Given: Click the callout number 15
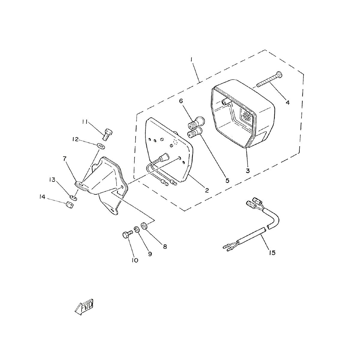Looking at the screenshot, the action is coord(272,253).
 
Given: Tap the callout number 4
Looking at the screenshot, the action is coord(287,102).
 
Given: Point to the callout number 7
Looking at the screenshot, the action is coord(64,159).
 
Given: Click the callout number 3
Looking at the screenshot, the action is coord(248,171).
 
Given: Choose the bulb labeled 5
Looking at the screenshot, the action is coord(195,133).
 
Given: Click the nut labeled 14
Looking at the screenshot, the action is coord(70,205).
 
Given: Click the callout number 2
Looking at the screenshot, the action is coord(207,190).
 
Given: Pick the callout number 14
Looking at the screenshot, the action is coord(42,197).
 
